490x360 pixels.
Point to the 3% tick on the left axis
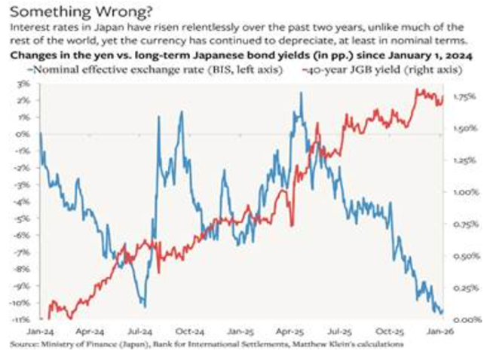(x=26, y=83)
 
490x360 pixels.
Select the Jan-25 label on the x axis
(x=240, y=331)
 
